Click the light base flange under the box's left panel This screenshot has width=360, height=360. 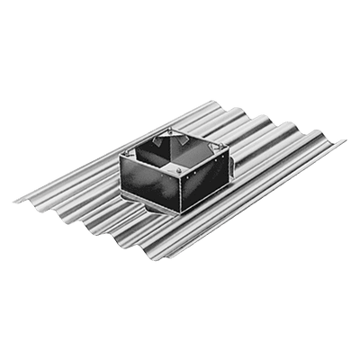pyautogui.click(x=144, y=208)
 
